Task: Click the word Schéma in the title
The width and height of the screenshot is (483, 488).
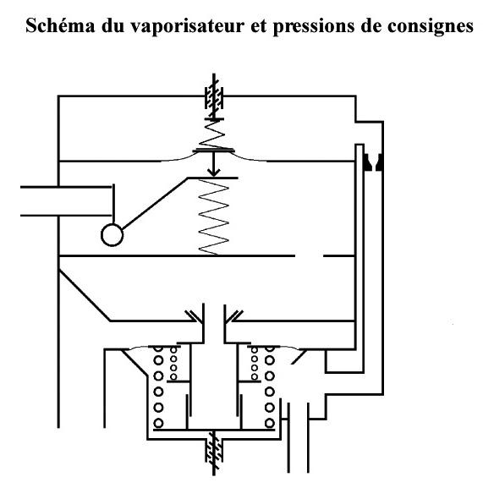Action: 60,25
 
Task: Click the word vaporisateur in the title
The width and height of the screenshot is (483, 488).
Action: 187,27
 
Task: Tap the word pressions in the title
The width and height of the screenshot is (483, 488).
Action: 314,27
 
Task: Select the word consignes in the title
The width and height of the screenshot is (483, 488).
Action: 431,27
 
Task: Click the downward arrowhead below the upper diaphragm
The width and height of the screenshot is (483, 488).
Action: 213,172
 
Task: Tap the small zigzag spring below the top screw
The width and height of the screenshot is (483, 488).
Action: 213,134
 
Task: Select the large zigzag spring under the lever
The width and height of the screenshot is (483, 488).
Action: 213,217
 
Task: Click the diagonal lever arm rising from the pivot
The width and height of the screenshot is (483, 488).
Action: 155,204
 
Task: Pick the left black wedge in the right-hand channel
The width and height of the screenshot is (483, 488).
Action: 367,162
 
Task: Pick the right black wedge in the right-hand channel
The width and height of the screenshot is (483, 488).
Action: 379,162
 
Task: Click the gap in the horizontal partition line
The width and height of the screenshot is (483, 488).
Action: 309,255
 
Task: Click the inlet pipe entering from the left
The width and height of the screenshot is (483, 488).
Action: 66,201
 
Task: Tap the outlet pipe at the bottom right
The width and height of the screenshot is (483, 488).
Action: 299,438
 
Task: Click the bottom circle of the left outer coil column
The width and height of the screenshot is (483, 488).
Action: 158,423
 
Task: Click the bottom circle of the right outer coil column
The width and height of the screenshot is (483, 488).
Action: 270,423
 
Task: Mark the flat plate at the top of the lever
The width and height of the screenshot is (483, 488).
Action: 213,178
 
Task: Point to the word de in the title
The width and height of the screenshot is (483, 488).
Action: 371,25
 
